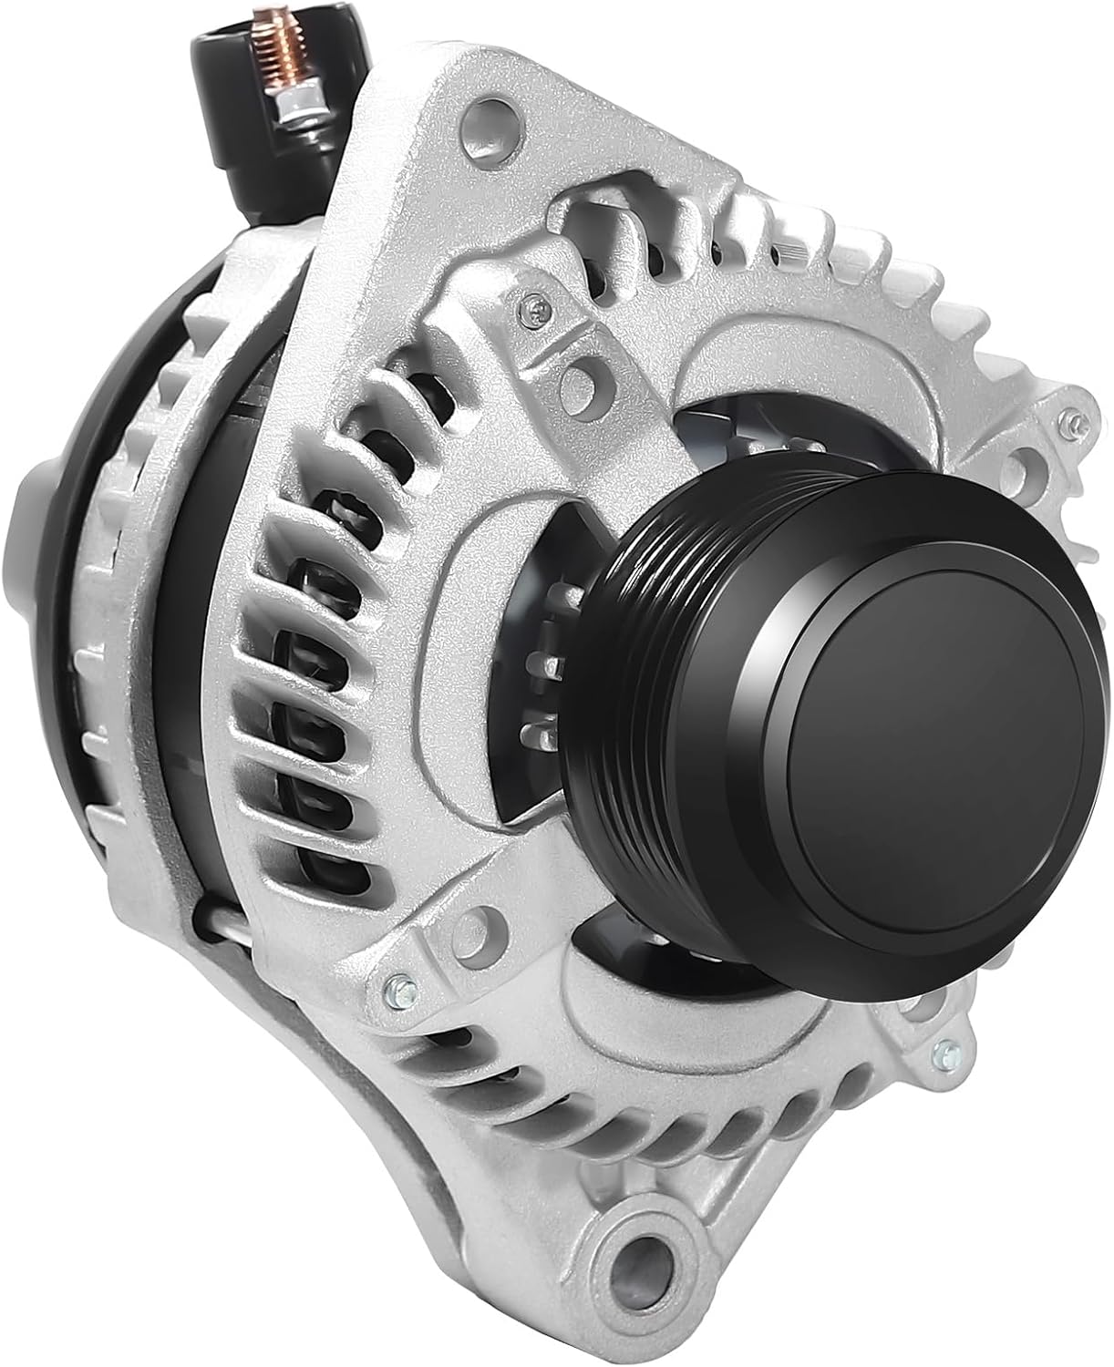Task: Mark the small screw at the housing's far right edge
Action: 1072,421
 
